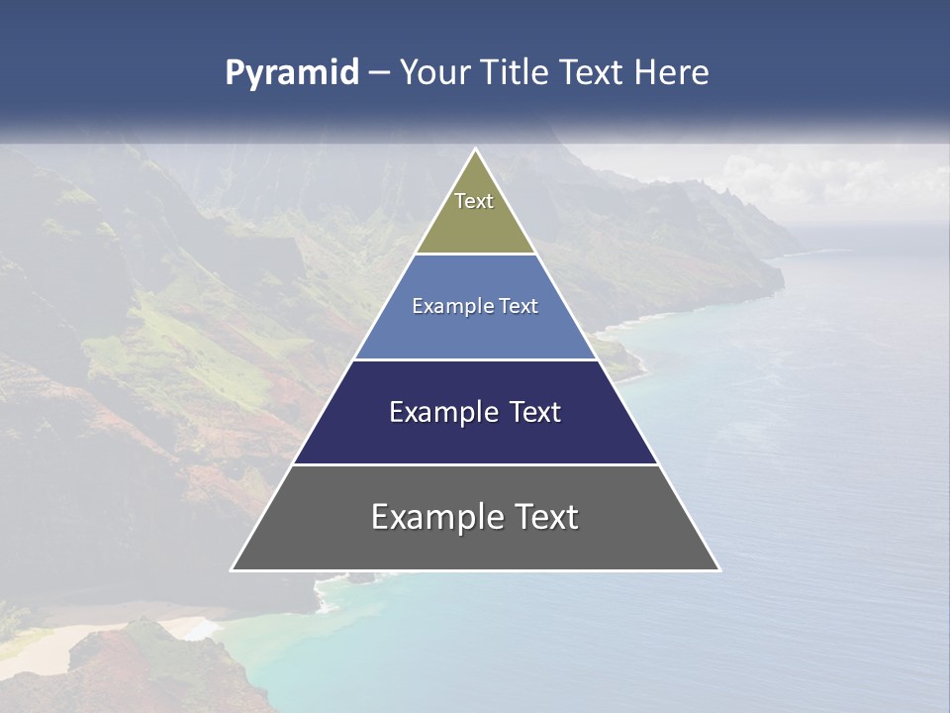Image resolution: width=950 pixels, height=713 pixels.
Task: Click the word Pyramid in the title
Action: click(x=292, y=73)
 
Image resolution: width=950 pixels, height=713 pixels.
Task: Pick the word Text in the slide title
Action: click(x=592, y=73)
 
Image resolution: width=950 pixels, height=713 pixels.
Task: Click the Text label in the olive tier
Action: click(x=474, y=201)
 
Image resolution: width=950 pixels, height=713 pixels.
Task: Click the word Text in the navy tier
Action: click(x=531, y=412)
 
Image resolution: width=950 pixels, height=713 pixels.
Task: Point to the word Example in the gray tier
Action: click(x=426, y=517)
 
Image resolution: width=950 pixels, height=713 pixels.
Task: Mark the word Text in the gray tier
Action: click(x=543, y=517)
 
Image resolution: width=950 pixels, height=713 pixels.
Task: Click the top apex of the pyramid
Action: click(x=475, y=151)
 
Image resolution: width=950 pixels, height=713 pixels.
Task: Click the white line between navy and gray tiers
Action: click(x=475, y=464)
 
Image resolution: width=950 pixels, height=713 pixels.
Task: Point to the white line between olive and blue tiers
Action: click(x=475, y=255)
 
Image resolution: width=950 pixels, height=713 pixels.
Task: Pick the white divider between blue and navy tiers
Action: click(x=475, y=359)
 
